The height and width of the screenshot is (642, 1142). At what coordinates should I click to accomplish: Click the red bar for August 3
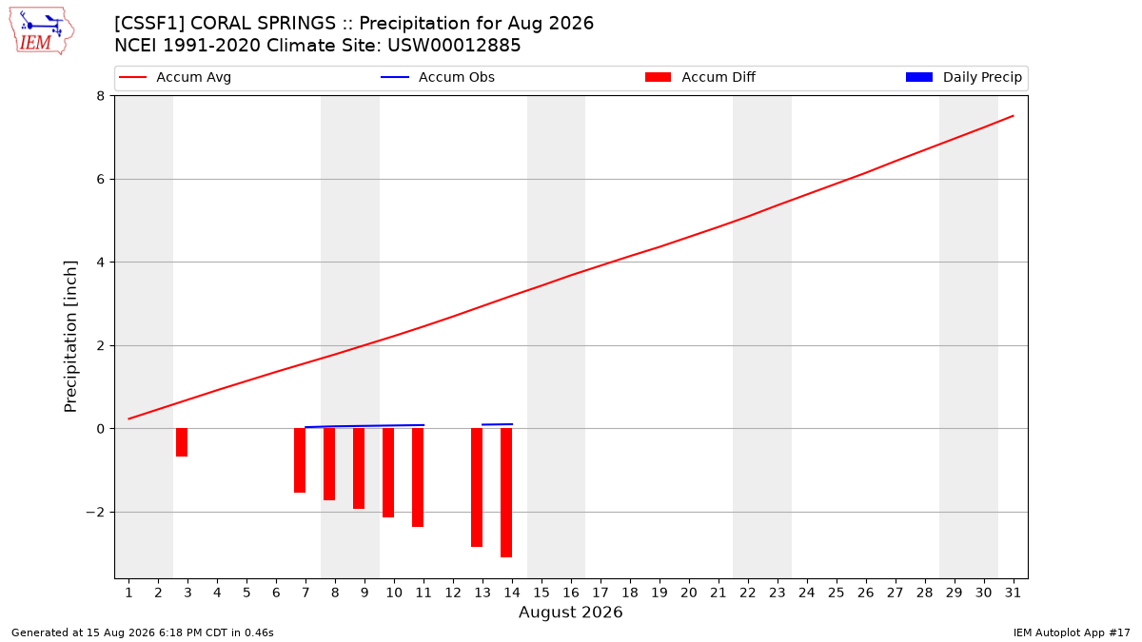click(x=182, y=442)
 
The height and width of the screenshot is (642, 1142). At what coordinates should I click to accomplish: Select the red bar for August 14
click(x=506, y=493)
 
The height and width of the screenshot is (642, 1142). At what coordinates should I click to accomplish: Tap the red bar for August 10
click(x=388, y=473)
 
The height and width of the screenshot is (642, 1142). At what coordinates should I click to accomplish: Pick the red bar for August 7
click(x=300, y=460)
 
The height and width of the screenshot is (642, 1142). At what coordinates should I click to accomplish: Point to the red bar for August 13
click(x=477, y=488)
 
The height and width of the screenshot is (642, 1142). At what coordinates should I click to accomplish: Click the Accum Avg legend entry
click(x=175, y=77)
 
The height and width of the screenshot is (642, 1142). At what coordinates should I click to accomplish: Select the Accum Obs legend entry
click(x=438, y=77)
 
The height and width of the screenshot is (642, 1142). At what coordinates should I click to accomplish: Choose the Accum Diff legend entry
click(x=700, y=77)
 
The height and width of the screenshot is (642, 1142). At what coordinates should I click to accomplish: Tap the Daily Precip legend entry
click(x=963, y=77)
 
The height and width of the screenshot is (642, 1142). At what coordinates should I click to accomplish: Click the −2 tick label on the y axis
click(x=95, y=512)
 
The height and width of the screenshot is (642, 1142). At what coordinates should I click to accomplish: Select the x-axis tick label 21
click(x=719, y=593)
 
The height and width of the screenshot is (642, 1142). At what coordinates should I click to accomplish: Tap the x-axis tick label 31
click(x=1013, y=593)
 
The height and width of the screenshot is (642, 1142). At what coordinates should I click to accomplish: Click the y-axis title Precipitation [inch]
click(x=70, y=337)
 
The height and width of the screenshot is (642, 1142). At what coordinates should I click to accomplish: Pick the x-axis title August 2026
click(x=570, y=612)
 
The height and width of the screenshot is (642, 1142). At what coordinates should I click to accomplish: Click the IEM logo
click(x=41, y=32)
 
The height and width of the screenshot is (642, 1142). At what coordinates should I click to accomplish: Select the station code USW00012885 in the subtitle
click(x=454, y=46)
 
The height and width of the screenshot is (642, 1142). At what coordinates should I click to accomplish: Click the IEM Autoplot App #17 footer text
click(x=1072, y=632)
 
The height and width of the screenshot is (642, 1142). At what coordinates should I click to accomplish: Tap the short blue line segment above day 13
click(x=497, y=424)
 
